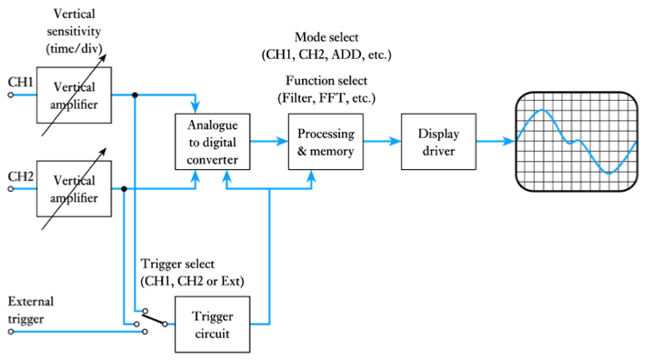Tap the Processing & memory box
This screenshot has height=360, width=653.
(326, 141)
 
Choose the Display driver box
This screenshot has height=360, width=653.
(438, 141)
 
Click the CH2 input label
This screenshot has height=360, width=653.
(20, 175)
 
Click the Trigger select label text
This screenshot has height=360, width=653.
(192, 272)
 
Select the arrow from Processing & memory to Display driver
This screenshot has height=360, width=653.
(382, 141)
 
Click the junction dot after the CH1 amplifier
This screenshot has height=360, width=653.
(136, 94)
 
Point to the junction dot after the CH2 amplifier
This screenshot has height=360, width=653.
(124, 188)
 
